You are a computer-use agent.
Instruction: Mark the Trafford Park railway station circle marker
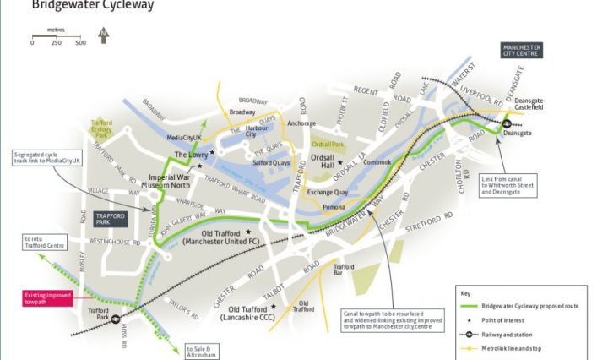point(114,320)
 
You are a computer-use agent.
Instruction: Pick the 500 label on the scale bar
point(79,42)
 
